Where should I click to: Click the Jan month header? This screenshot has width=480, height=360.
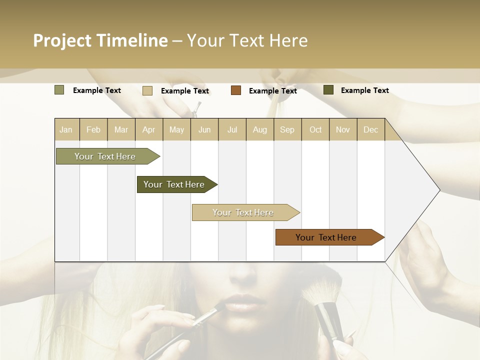pyautogui.click(x=66, y=130)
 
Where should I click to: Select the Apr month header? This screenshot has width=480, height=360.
pyautogui.click(x=149, y=130)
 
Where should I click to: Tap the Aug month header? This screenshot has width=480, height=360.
pyautogui.click(x=260, y=130)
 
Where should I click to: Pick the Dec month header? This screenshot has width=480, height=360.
pyautogui.click(x=370, y=130)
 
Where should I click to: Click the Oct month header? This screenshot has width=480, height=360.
pyautogui.click(x=315, y=130)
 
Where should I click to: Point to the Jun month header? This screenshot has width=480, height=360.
pyautogui.click(x=204, y=130)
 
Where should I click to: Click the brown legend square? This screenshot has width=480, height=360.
pyautogui.click(x=236, y=90)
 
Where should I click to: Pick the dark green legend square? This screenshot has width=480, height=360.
pyautogui.click(x=328, y=90)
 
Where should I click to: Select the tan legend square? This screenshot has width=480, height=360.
pyautogui.click(x=147, y=90)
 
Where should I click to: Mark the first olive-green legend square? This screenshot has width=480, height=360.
pyautogui.click(x=59, y=90)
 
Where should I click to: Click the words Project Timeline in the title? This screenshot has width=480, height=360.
pyautogui.click(x=100, y=40)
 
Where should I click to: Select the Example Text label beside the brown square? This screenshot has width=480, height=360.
pyautogui.click(x=272, y=91)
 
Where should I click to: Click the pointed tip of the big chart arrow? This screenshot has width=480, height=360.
pyautogui.click(x=439, y=190)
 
